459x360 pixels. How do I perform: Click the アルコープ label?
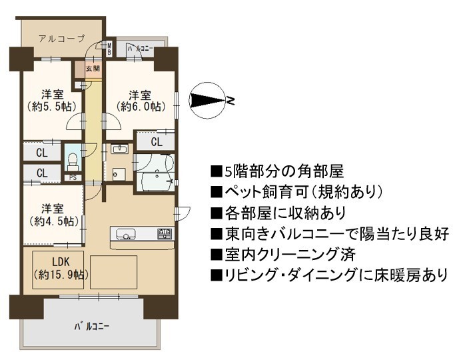point(61,39)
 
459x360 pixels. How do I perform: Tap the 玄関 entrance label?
point(93,69)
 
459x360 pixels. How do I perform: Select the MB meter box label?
point(109,49)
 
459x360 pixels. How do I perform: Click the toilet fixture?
point(73,161)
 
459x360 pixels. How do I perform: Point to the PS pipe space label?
point(73,177)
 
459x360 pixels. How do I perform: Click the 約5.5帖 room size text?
point(52,106)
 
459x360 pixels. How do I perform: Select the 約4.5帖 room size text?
point(55,221)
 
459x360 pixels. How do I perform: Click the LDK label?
point(61,261)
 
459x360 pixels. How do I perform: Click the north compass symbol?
point(209,101)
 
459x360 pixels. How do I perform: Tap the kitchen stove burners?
point(165,234)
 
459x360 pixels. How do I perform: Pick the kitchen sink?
point(126,235)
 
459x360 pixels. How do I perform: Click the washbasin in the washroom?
point(119,149)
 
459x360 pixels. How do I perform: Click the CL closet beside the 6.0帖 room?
point(156,142)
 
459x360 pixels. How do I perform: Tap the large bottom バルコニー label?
point(92,326)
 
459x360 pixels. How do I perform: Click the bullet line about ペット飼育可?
point(296,192)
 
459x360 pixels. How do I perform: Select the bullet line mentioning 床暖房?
point(329,275)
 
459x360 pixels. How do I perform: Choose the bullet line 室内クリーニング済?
point(283,254)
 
